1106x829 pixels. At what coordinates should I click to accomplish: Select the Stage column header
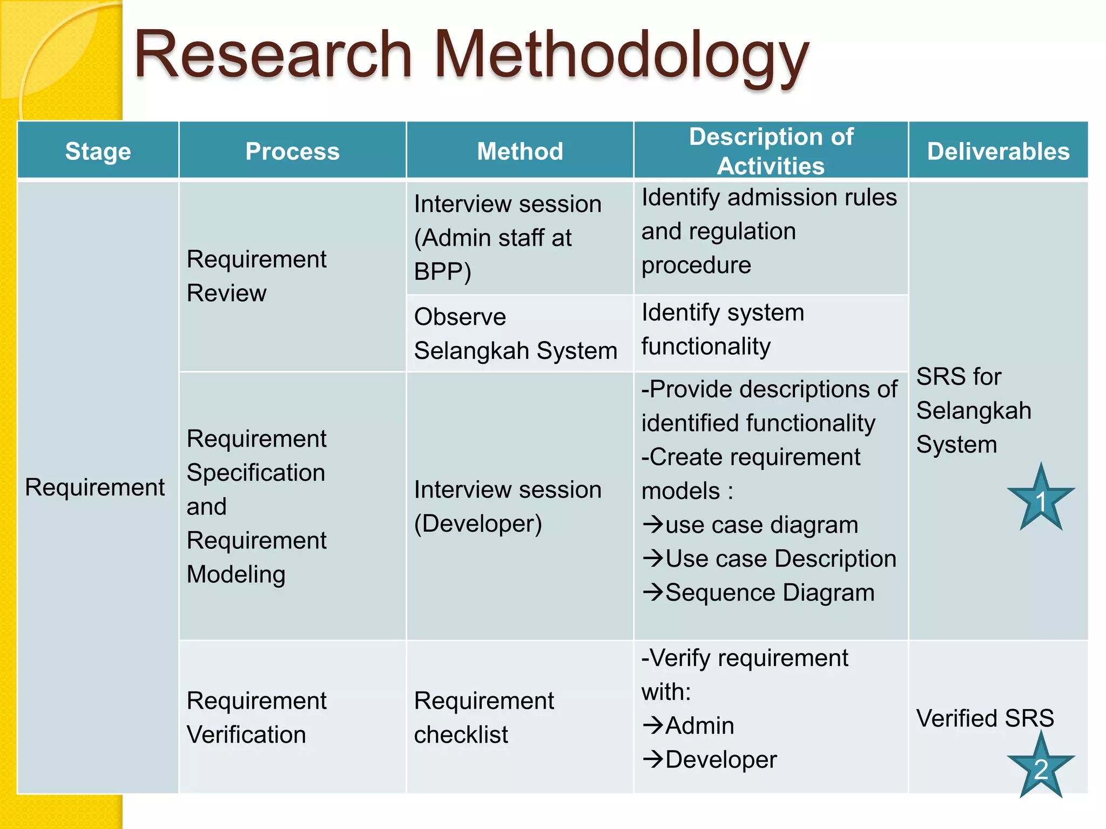[x=98, y=151]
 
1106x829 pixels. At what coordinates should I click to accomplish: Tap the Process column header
[x=292, y=151]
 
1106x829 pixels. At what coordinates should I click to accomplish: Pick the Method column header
[x=520, y=151]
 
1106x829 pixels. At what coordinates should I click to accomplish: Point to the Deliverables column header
[x=998, y=151]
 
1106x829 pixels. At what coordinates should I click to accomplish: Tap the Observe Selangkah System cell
[x=515, y=334]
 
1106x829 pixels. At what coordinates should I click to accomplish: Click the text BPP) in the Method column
[x=442, y=271]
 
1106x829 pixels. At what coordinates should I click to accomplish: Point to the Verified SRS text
[x=985, y=718]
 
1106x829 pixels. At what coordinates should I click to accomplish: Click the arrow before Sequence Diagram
[x=653, y=592]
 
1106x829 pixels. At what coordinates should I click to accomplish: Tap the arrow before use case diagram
[x=653, y=524]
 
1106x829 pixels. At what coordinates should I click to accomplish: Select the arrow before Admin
[x=653, y=725]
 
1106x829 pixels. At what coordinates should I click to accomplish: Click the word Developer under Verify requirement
[x=721, y=759]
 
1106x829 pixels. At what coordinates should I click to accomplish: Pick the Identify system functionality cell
[x=723, y=329]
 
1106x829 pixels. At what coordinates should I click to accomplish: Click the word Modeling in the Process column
[x=236, y=574]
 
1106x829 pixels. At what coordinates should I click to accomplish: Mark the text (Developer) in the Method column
[x=478, y=524]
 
